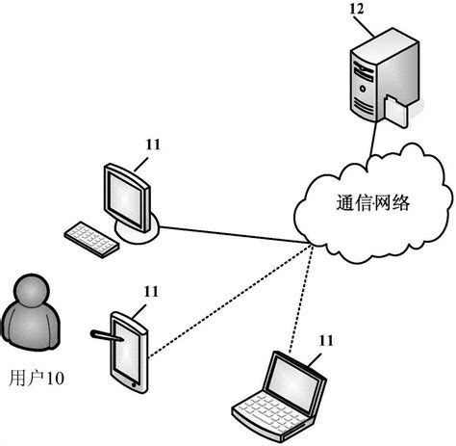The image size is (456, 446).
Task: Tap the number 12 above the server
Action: click(358, 10)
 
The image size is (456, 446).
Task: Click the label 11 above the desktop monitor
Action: click(151, 144)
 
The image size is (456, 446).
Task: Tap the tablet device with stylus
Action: click(128, 349)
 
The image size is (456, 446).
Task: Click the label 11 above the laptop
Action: click(327, 340)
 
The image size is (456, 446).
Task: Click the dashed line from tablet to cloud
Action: click(231, 299)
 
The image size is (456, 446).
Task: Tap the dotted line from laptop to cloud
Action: click(311, 299)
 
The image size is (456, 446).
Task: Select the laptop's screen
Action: click(294, 378)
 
